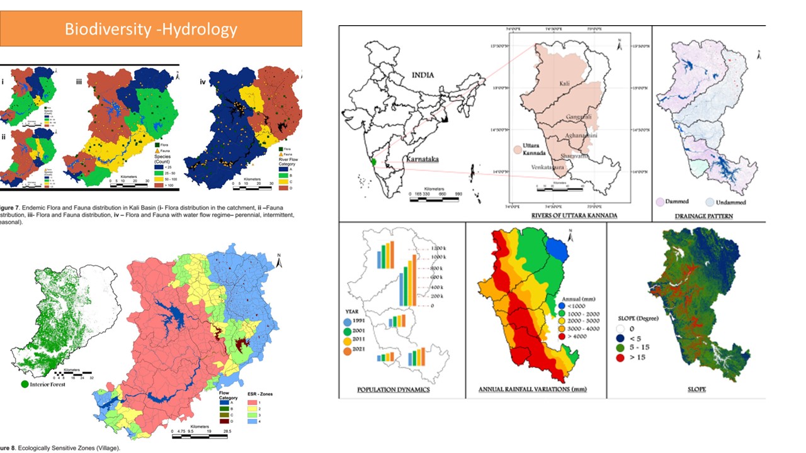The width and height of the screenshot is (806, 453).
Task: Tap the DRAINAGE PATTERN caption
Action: pos(708,216)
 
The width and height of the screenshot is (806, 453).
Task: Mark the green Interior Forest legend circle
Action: pos(25,384)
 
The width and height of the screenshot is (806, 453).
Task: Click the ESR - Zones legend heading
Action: pos(259,394)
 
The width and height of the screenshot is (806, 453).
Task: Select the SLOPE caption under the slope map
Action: pos(686,389)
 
